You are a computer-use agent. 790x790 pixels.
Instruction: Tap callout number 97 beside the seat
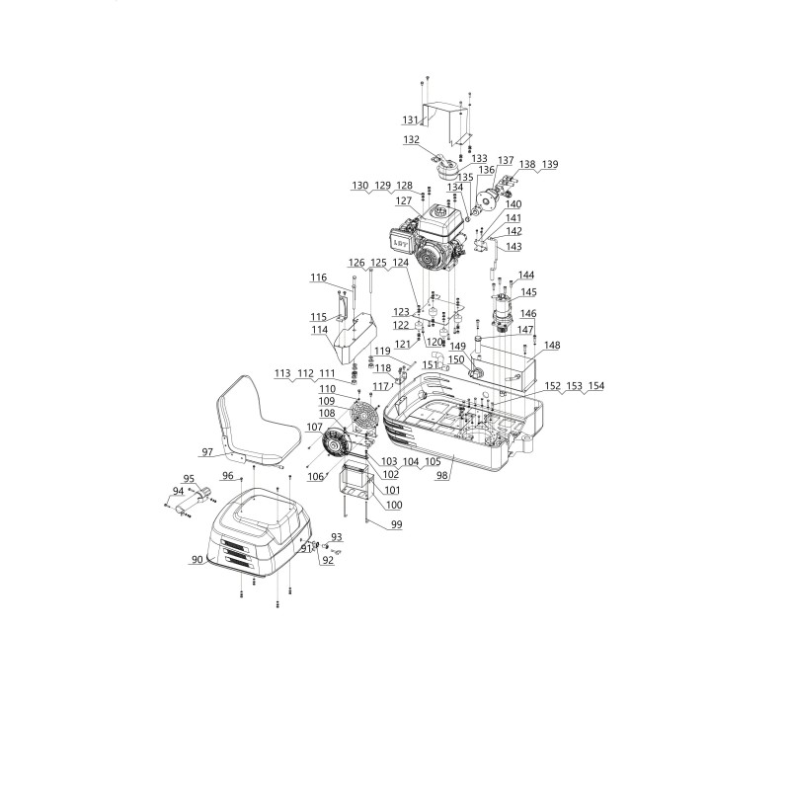pyautogui.click(x=207, y=452)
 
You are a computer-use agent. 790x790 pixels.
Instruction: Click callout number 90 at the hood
pyautogui.click(x=197, y=559)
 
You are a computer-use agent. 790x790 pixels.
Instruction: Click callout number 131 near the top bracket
pyautogui.click(x=411, y=119)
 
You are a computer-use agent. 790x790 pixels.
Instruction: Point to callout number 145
pyautogui.click(x=528, y=292)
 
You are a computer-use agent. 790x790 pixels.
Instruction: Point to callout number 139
pyautogui.click(x=549, y=163)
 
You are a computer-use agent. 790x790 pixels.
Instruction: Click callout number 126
pyautogui.click(x=355, y=262)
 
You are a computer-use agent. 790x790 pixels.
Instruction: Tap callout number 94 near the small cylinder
pyautogui.click(x=178, y=490)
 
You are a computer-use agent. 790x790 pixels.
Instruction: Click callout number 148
pyautogui.click(x=551, y=346)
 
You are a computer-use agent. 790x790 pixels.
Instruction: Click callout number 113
pyautogui.click(x=282, y=373)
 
